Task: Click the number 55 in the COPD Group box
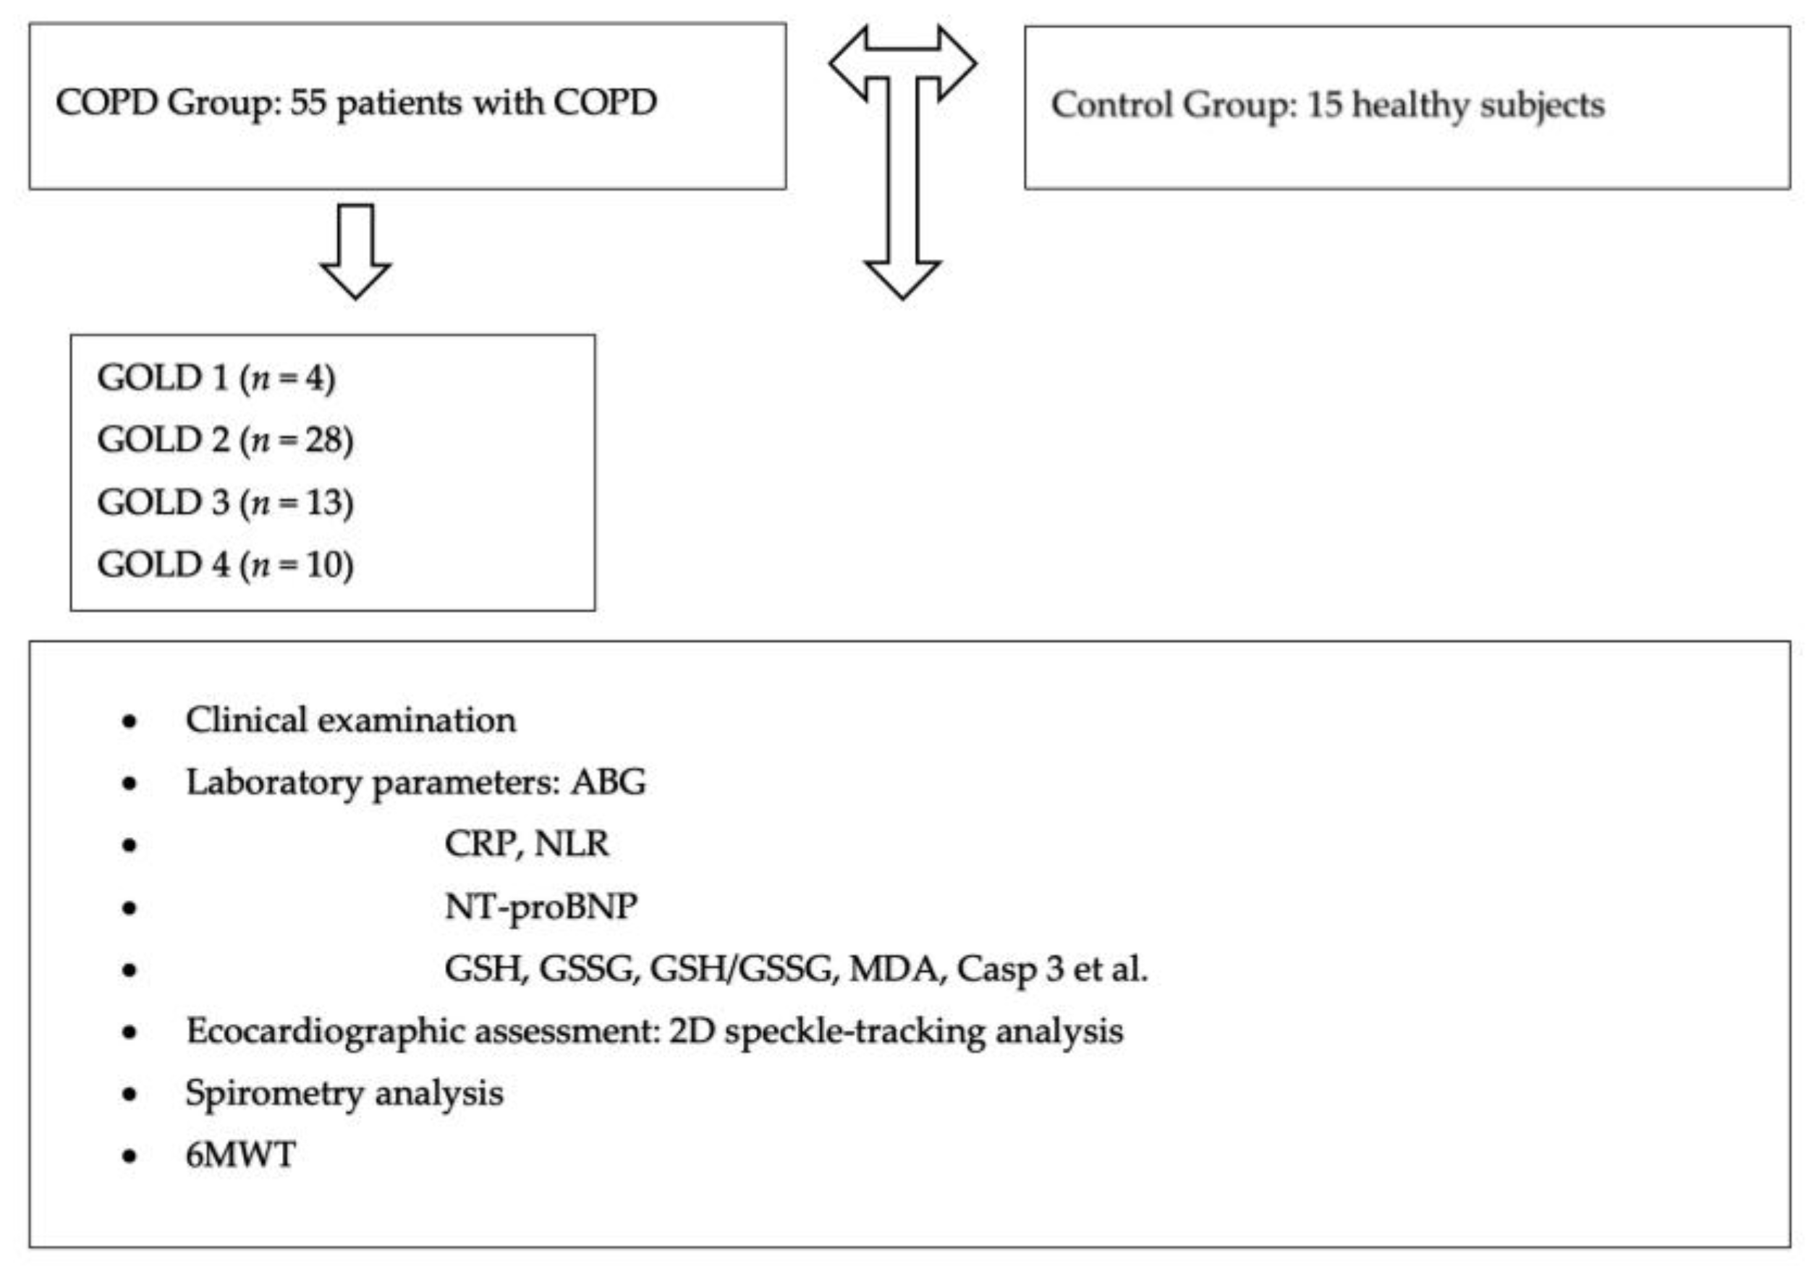308,103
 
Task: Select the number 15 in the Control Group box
1324,105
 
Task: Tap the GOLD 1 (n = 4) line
216,378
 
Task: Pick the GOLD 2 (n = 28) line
225,440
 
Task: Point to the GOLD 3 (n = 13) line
225,502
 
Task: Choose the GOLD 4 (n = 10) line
225,565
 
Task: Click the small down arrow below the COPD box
355,251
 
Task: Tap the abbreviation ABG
609,783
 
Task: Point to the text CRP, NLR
526,844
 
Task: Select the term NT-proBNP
541,907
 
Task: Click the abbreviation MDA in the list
894,969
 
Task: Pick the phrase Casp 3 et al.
1051,969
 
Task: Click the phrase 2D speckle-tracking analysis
896,1032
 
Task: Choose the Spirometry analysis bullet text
344,1094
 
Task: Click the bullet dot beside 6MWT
130,1156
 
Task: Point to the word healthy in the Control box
1410,105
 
